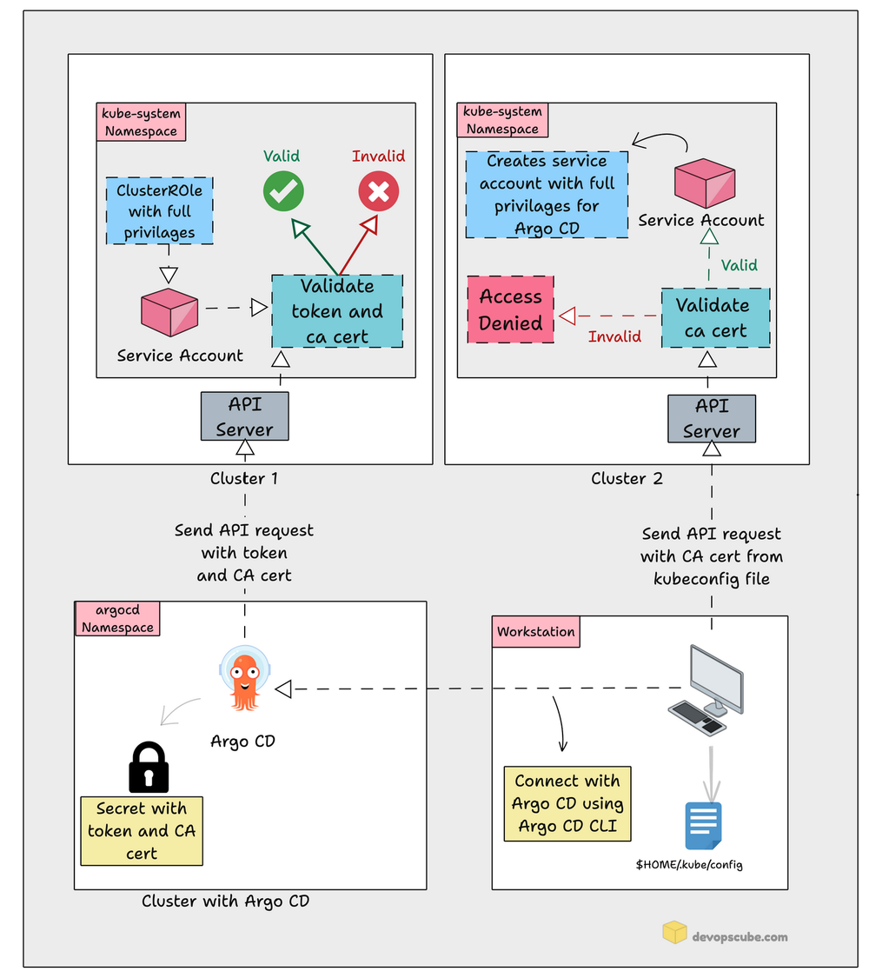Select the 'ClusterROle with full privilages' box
pos(161,210)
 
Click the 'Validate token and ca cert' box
pos(336,311)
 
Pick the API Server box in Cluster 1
pos(244,416)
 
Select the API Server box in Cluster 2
pos(711,419)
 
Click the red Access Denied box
pos(511,310)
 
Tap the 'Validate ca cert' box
pos(715,318)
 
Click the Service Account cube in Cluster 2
pos(705,183)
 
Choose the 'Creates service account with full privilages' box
pos(547,195)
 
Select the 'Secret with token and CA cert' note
pos(141,830)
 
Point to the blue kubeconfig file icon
pos(703,825)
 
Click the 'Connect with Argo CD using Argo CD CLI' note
pos(567,803)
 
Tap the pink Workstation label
pos(536,632)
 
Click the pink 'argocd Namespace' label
pos(117,619)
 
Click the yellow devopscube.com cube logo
pos(674,934)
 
